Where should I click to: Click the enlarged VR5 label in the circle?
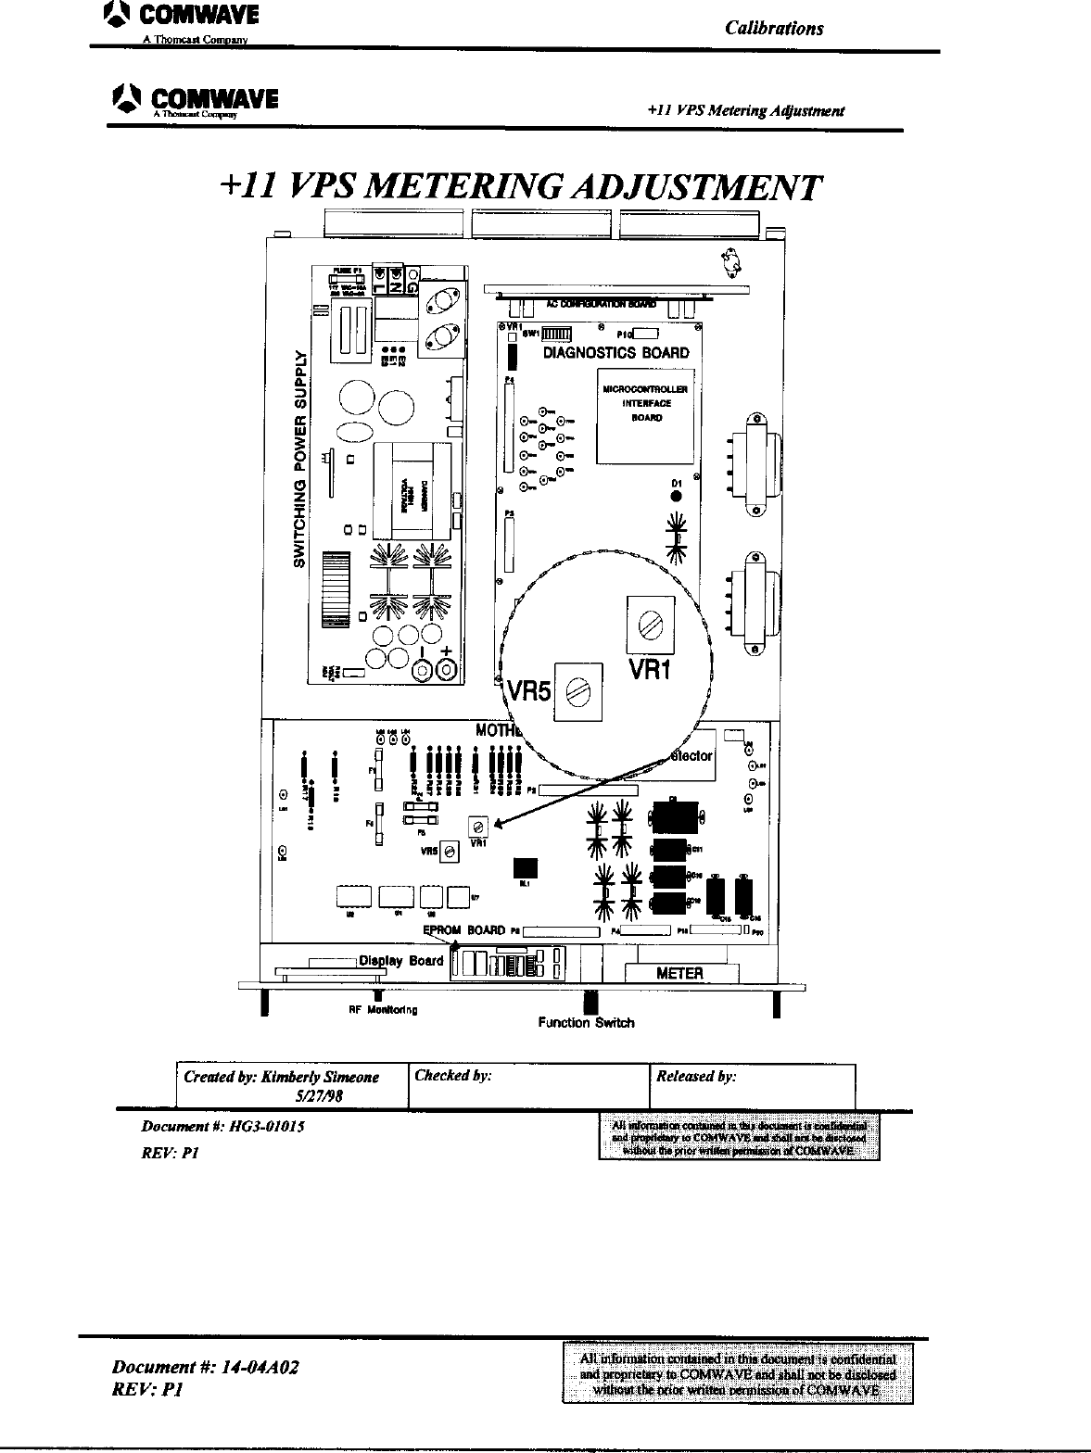[528, 693]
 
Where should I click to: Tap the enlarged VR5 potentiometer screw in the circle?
[577, 691]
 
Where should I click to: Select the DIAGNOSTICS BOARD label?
[615, 353]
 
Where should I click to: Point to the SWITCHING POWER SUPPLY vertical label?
[299, 459]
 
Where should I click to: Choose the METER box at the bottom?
[680, 973]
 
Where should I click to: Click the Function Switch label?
[587, 1023]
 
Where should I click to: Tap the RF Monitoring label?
[382, 1009]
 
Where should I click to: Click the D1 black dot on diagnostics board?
[677, 496]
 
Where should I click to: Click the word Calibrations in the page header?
[774, 28]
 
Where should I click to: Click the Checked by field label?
[452, 1076]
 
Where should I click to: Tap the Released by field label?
[696, 1077]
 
